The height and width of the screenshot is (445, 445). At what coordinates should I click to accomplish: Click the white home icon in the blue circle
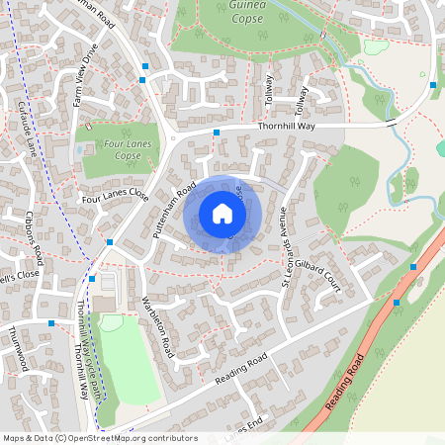pos(222,214)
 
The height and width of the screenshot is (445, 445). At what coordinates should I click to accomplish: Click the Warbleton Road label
pos(157,326)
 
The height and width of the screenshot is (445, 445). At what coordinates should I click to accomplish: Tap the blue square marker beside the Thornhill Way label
pos(216,132)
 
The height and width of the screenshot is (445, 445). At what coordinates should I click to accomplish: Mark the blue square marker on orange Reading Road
pos(396,302)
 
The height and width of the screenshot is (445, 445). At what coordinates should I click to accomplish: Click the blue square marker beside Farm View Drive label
pos(144,66)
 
